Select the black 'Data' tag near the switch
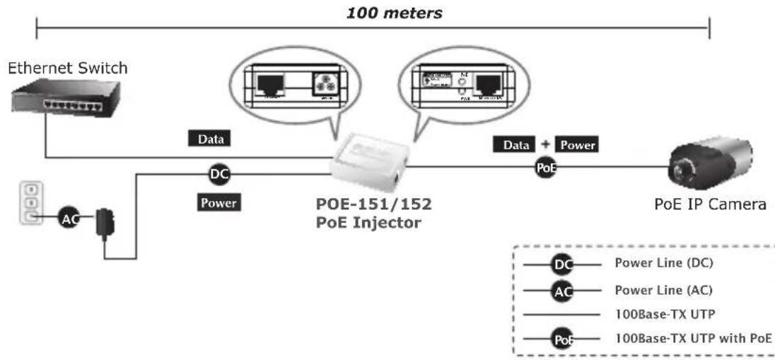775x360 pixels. pyautogui.click(x=211, y=139)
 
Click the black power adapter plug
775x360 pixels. pyautogui.click(x=109, y=222)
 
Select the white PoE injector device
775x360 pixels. pyautogui.click(x=369, y=165)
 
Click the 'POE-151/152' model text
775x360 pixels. pyautogui.click(x=373, y=205)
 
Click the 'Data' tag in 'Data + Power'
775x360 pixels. pyautogui.click(x=516, y=145)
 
